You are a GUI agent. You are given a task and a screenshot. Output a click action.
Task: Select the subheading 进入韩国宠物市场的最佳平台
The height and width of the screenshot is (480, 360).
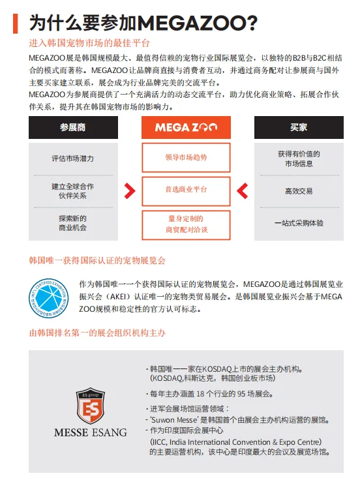(89, 43)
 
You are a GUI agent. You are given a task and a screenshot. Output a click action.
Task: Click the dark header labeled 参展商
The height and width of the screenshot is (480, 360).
(72, 127)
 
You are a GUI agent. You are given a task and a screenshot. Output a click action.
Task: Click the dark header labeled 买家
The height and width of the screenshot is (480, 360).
(299, 127)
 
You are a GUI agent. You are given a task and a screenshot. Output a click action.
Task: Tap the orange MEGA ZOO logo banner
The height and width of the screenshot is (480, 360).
(186, 127)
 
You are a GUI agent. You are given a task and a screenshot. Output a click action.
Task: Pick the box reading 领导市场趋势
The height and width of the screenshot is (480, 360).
(186, 157)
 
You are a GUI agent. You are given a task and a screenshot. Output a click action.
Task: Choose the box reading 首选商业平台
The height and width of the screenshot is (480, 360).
(186, 190)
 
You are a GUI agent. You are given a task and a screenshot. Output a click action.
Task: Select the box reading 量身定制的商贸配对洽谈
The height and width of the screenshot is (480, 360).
(186, 224)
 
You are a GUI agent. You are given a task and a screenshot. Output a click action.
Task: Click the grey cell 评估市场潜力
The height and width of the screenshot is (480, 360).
(72, 158)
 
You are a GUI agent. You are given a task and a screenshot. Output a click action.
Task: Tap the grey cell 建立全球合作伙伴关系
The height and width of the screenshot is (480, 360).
(72, 190)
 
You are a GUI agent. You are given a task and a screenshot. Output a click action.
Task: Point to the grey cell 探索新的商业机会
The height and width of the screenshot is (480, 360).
(72, 223)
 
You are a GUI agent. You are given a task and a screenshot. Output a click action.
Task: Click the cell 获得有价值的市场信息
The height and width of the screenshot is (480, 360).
(299, 158)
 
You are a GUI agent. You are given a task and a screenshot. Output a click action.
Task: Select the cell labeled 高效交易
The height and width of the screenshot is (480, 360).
(299, 192)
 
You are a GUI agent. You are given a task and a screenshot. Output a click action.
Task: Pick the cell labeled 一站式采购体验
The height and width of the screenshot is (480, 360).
(299, 223)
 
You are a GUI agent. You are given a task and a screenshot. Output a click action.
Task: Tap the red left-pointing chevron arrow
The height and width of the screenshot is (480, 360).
(242, 190)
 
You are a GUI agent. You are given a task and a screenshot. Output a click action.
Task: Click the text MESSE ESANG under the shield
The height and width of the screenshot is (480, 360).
(90, 432)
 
